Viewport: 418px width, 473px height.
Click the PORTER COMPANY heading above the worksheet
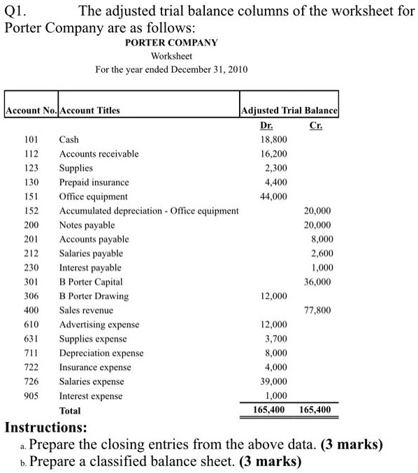(171, 43)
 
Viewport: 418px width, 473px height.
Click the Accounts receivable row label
(99, 153)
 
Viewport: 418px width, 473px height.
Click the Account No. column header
(31, 110)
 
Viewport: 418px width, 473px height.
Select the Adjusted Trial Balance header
(289, 110)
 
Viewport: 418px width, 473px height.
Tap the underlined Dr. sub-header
(266, 125)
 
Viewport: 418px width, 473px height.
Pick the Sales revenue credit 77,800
(318, 310)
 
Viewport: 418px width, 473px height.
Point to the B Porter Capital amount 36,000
(318, 282)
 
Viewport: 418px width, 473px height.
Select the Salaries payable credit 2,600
(321, 253)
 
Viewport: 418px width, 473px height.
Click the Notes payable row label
(87, 225)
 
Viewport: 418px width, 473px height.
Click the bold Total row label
(70, 411)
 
